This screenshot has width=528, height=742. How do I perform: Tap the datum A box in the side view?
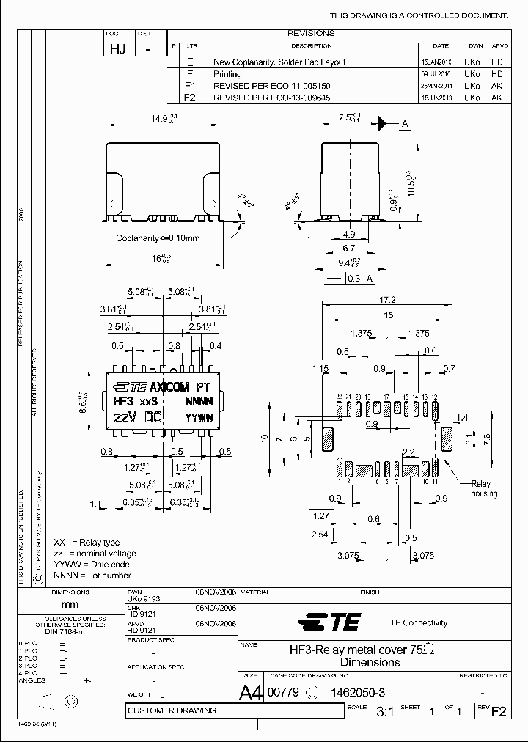point(405,123)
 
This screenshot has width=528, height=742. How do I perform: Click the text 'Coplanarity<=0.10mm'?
point(158,238)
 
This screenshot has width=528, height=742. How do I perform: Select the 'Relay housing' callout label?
point(482,488)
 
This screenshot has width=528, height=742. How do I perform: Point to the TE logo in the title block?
point(329,622)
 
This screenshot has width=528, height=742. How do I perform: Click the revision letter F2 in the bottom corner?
point(499,711)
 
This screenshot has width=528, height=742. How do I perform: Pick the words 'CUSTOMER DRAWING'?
point(172,710)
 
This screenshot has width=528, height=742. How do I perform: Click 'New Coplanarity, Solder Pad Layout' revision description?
point(279,63)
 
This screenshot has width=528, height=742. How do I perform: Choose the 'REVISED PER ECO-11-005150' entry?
point(271,86)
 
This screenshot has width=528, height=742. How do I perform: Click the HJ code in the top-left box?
point(117,49)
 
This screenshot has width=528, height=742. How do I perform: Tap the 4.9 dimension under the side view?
point(348,235)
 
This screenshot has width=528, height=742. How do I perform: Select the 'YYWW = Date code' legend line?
point(92,565)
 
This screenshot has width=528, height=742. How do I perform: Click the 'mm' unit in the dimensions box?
point(70,605)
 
